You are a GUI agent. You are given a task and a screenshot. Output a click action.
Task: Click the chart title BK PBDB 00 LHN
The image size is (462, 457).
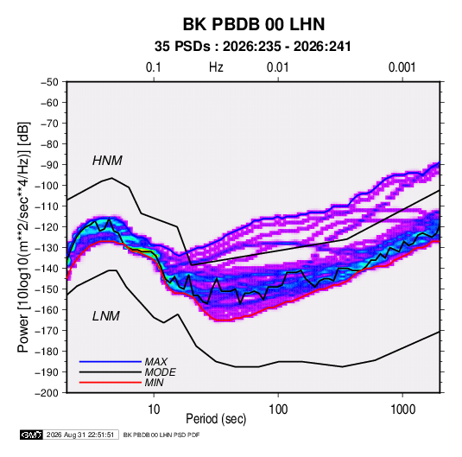(x=254, y=24)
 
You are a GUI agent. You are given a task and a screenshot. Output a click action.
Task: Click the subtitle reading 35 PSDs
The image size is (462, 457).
(x=183, y=47)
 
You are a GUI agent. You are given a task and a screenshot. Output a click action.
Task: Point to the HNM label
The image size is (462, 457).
(x=107, y=161)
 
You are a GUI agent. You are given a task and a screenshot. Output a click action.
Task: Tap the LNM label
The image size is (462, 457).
(x=106, y=316)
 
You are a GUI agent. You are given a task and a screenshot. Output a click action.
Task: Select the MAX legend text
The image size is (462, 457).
(x=156, y=361)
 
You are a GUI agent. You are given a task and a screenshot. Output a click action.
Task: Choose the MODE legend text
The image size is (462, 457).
(x=161, y=372)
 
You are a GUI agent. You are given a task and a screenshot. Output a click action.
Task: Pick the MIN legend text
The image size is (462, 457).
(x=154, y=383)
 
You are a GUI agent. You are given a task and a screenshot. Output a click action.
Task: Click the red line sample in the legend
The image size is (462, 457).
(x=111, y=383)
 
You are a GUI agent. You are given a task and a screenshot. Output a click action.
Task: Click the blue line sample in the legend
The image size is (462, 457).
(x=111, y=361)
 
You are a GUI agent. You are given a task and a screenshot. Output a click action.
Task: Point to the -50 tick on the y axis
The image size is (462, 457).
(x=49, y=82)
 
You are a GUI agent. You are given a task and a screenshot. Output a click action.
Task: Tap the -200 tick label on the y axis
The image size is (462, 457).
(x=47, y=393)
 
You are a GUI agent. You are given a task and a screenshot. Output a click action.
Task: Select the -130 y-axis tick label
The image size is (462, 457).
(x=47, y=248)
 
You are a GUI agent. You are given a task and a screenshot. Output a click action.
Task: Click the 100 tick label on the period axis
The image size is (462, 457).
(x=278, y=409)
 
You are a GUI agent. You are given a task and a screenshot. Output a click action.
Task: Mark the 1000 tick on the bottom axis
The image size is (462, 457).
(x=402, y=409)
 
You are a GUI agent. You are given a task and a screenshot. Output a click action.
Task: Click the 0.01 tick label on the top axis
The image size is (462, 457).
(x=278, y=67)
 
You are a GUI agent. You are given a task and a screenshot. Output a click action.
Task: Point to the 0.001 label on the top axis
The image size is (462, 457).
(x=402, y=67)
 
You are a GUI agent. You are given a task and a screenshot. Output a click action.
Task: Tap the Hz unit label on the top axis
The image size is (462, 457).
(x=216, y=67)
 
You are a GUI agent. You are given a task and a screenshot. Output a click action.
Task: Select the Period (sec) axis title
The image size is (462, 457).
(x=216, y=419)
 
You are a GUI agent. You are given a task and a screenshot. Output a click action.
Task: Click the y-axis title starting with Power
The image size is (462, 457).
(x=23, y=238)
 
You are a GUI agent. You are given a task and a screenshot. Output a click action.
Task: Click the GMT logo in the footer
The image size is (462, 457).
(x=32, y=435)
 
